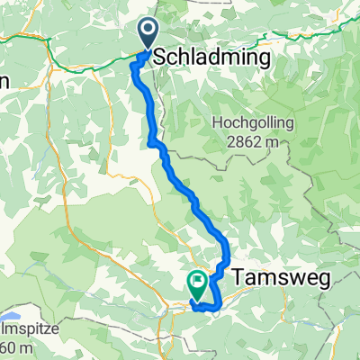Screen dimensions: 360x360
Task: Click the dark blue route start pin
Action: pyautogui.click(x=148, y=35)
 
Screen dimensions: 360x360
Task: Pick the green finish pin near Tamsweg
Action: pyautogui.click(x=196, y=284)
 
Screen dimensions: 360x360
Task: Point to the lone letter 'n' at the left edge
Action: pyautogui.click(x=4, y=81)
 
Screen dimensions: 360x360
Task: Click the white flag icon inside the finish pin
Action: pyautogui.click(x=196, y=282)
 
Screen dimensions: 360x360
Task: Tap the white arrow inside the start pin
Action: pyautogui.click(x=148, y=31)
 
